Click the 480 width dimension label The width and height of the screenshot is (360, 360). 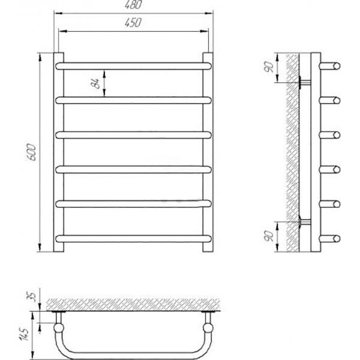(x=133, y=5)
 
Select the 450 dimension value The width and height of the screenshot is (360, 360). (x=133, y=23)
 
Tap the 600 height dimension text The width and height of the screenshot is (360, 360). (x=31, y=152)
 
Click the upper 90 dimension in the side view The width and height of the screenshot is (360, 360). (x=269, y=67)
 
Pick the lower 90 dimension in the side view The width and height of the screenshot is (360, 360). (x=269, y=236)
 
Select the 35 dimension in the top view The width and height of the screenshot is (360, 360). (x=32, y=297)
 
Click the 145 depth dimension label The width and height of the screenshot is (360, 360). (x=25, y=335)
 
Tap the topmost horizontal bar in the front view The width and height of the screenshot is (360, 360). (x=133, y=66)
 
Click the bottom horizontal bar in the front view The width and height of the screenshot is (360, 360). (x=133, y=239)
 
